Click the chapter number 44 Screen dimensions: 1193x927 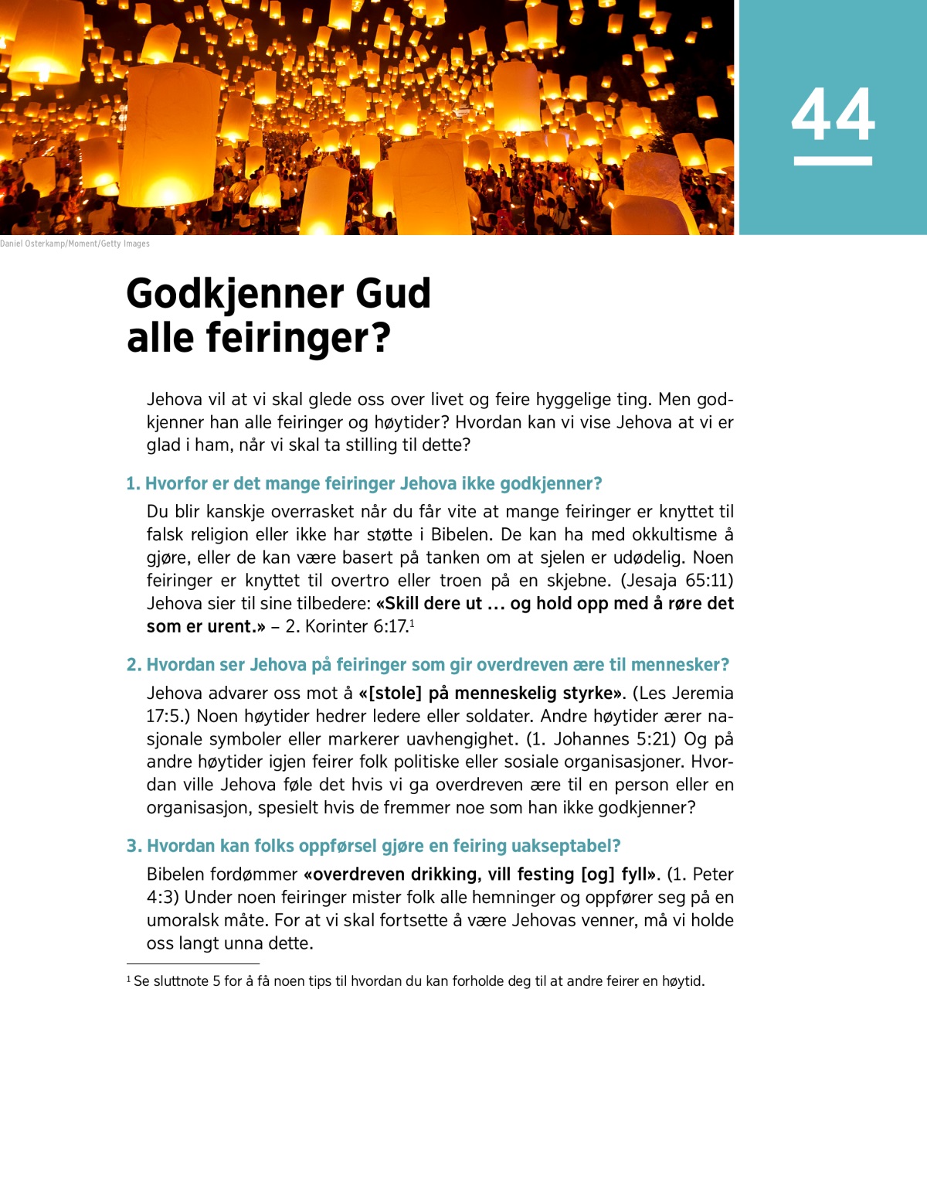coord(833,114)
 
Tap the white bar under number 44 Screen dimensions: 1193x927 coord(833,161)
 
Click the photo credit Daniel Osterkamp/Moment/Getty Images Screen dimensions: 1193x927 coord(75,244)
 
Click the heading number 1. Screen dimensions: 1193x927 coord(133,484)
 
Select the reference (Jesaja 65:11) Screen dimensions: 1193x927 coord(677,581)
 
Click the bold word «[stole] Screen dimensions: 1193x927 coord(390,693)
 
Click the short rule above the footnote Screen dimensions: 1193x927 coord(192,964)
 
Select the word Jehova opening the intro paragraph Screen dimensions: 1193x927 coord(175,400)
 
